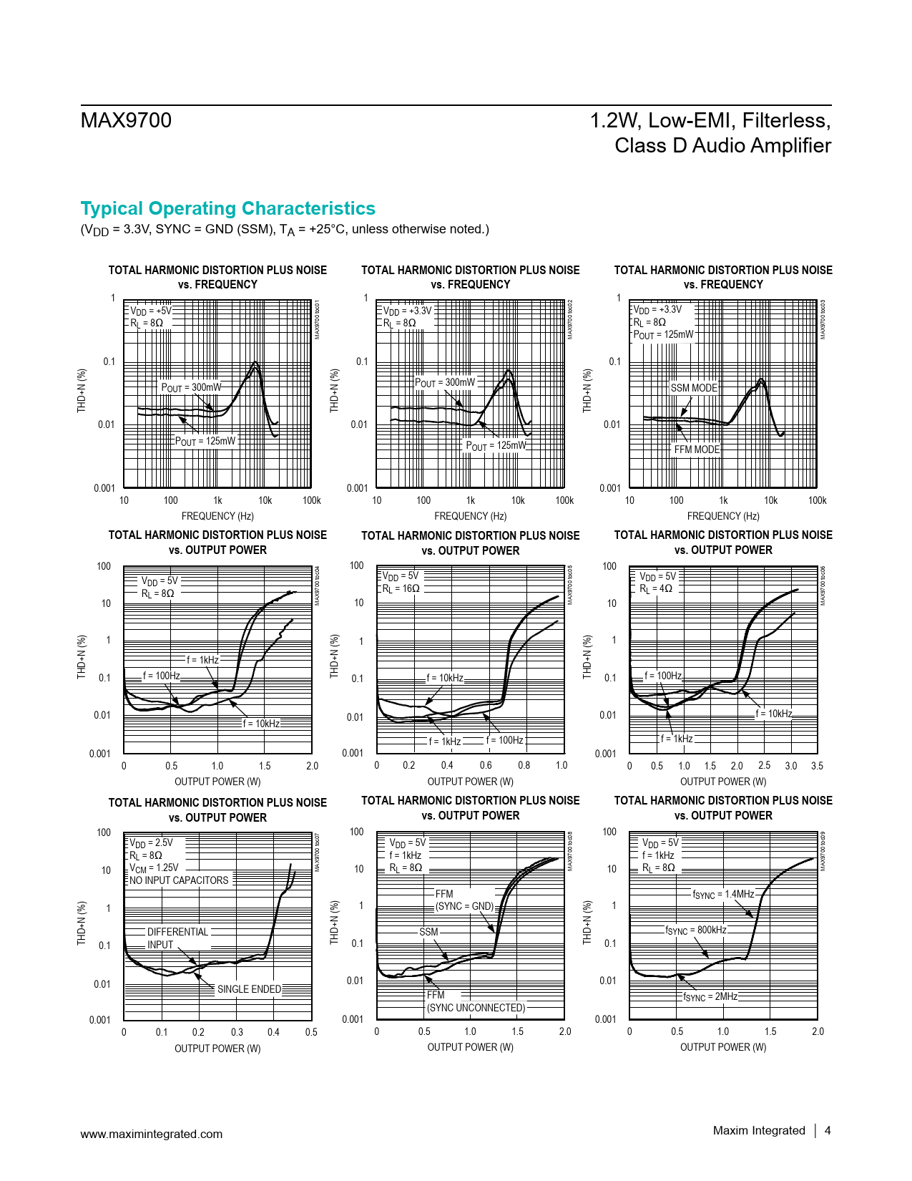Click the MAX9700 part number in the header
click(126, 120)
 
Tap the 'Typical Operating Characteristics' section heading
click(227, 208)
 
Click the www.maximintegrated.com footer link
click(151, 1134)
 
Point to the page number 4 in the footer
click(828, 1130)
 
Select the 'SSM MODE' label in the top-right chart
click(693, 388)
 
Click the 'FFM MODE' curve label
click(697, 449)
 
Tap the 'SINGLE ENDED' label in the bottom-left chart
click(249, 989)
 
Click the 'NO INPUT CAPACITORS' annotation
click(179, 880)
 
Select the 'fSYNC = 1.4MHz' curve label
click(723, 894)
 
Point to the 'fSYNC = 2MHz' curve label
click(710, 996)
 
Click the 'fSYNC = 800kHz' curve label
click(696, 930)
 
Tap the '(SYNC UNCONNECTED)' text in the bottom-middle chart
click(476, 1008)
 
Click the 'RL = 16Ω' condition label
click(401, 588)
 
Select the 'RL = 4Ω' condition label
click(656, 589)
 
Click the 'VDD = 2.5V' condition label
click(151, 842)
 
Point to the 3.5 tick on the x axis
click(817, 766)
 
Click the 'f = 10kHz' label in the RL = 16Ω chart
click(445, 678)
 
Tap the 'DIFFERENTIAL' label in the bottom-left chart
click(177, 932)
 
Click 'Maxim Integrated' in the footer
click(759, 1130)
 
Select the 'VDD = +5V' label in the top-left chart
click(151, 311)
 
